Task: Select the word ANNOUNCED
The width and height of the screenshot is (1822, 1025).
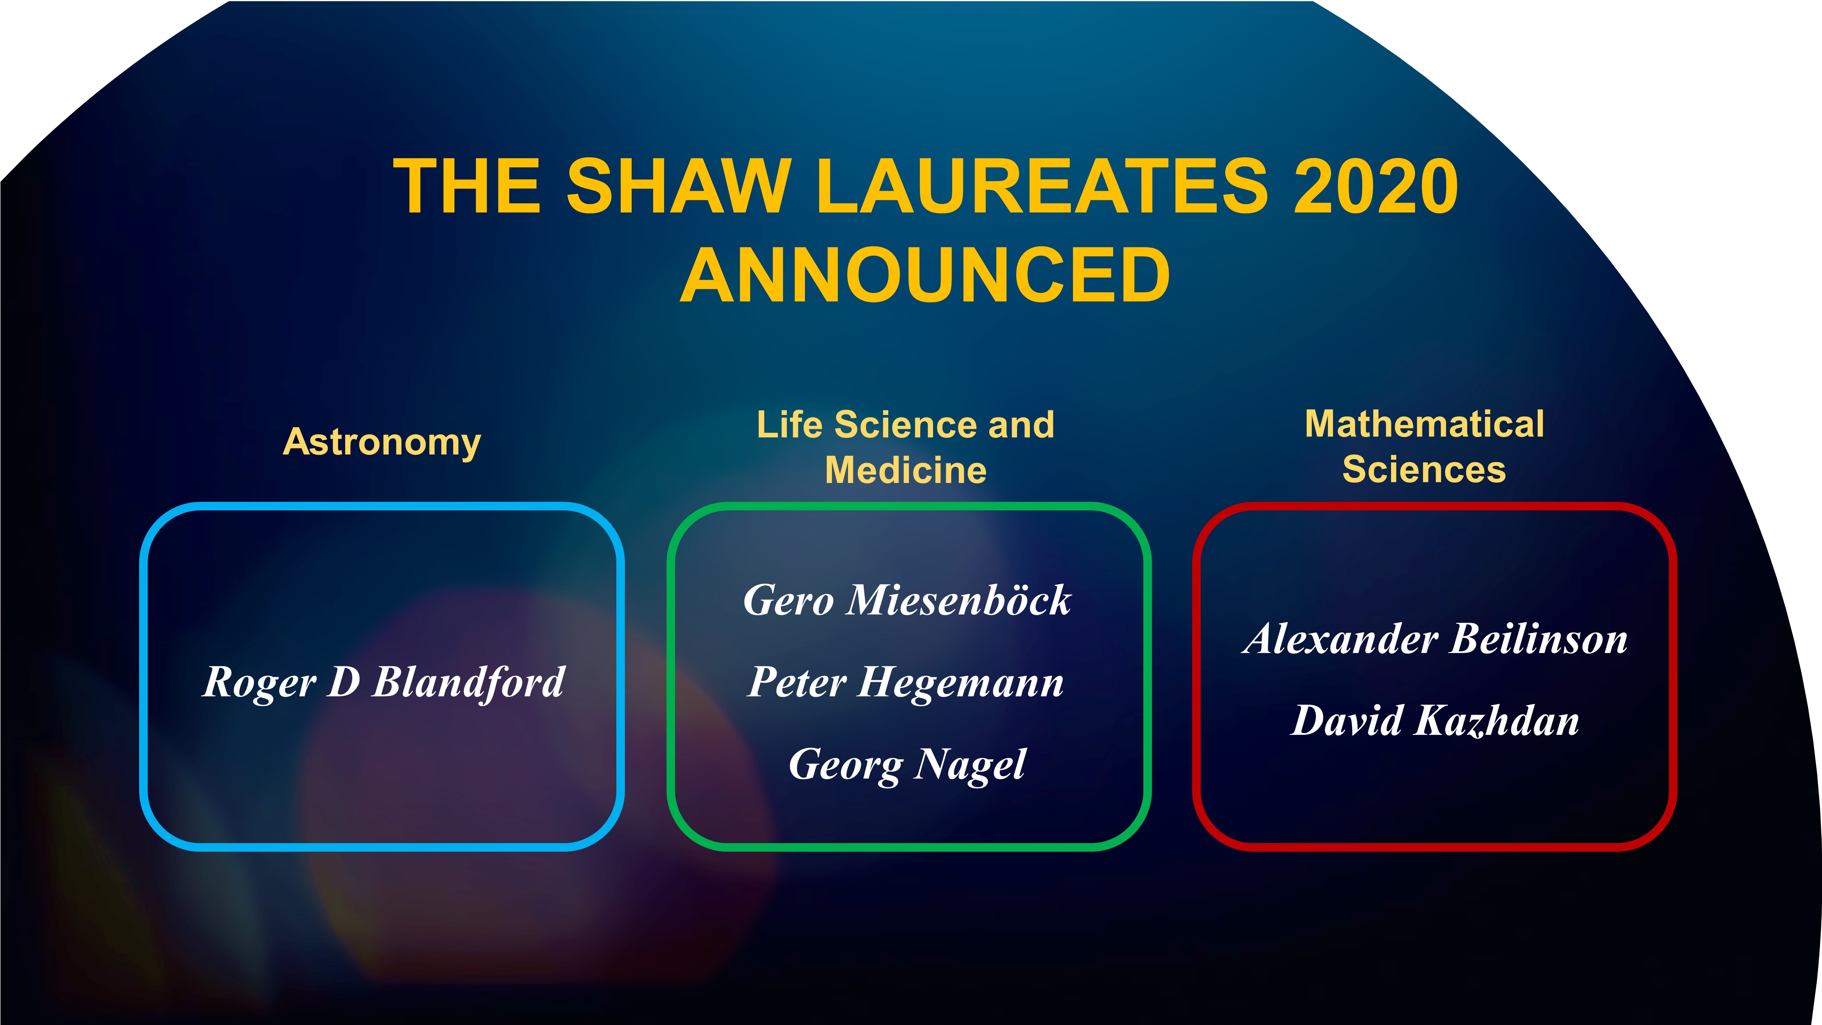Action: [925, 276]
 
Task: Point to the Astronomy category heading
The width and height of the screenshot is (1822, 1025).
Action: [382, 443]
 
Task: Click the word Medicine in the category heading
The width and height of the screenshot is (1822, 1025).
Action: [905, 471]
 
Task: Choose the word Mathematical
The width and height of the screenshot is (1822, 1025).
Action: [1424, 425]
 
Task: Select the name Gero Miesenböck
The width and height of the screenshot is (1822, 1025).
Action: [907, 600]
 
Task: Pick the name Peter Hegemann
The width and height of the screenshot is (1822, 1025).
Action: [905, 683]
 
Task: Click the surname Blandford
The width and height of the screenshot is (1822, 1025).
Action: [468, 683]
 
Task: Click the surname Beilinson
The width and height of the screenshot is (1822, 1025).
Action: [1539, 640]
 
